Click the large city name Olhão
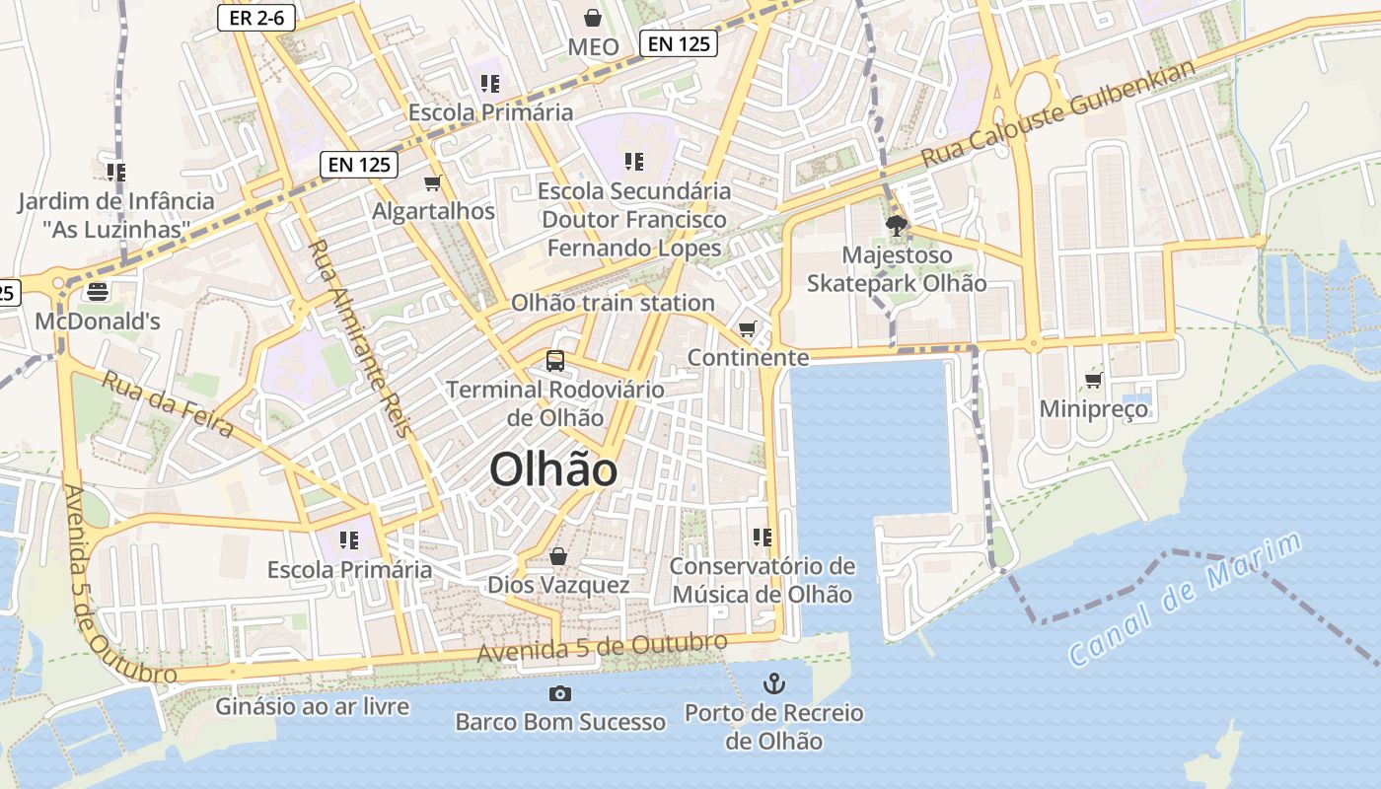pyautogui.click(x=553, y=469)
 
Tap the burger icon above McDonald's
pyautogui.click(x=97, y=292)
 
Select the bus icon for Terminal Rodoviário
pyautogui.click(x=555, y=361)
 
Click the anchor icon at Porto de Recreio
pyautogui.click(x=774, y=683)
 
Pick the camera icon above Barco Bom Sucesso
pyautogui.click(x=559, y=693)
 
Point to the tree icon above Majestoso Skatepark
pyautogui.click(x=897, y=227)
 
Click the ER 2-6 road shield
pyautogui.click(x=257, y=17)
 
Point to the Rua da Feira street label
pyautogui.click(x=168, y=404)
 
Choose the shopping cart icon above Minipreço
pyautogui.click(x=1093, y=380)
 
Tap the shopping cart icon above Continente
pyautogui.click(x=748, y=328)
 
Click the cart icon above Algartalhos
pyautogui.click(x=432, y=182)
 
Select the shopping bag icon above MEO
pyautogui.click(x=593, y=18)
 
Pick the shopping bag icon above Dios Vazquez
pyautogui.click(x=558, y=556)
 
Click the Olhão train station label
pyautogui.click(x=613, y=303)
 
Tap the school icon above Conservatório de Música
pyautogui.click(x=762, y=538)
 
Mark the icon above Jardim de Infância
pyautogui.click(x=116, y=173)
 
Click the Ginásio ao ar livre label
pyautogui.click(x=313, y=706)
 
